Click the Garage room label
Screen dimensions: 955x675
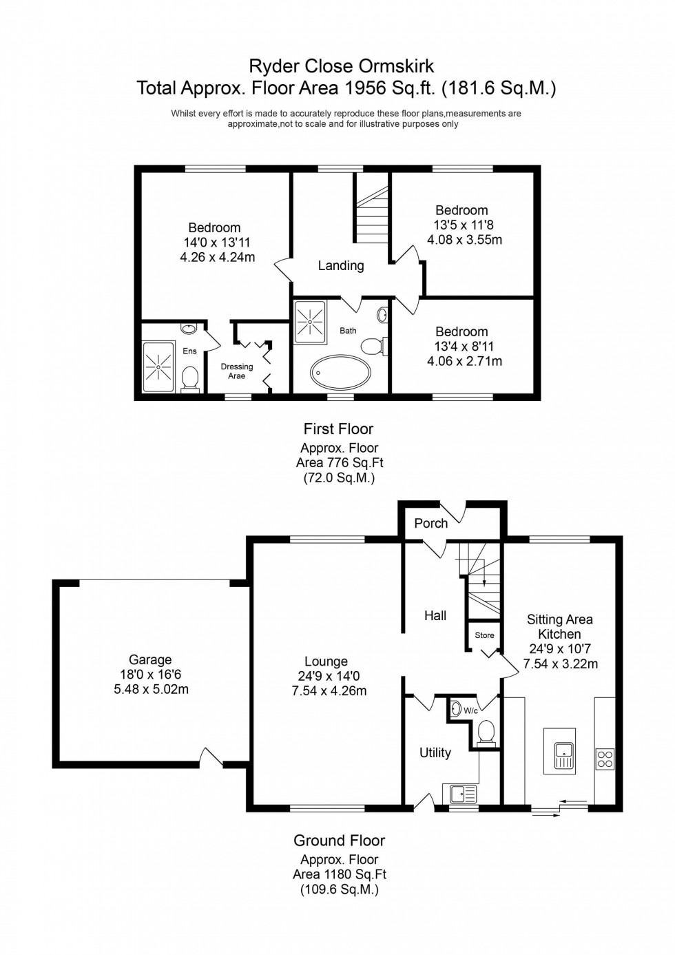pyautogui.click(x=150, y=660)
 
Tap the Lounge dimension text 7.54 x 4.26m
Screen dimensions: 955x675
pyautogui.click(x=329, y=690)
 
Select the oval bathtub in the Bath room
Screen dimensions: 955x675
pyautogui.click(x=340, y=372)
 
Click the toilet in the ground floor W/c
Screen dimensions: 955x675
pyautogui.click(x=486, y=732)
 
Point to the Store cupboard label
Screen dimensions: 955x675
pyautogui.click(x=484, y=635)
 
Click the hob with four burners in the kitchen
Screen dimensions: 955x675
pyautogui.click(x=605, y=759)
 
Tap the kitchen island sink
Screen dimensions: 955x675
pyautogui.click(x=563, y=755)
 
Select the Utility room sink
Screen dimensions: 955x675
pyautogui.click(x=463, y=794)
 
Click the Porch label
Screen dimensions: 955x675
pyautogui.click(x=430, y=524)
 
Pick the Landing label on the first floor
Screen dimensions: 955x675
pyautogui.click(x=341, y=266)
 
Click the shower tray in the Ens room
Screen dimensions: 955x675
pyautogui.click(x=158, y=367)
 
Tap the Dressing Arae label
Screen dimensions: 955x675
pyautogui.click(x=237, y=371)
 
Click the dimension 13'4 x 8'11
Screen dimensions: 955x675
pyautogui.click(x=464, y=347)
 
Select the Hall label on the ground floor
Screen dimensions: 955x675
pyautogui.click(x=435, y=616)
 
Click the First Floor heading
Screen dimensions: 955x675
pyautogui.click(x=338, y=429)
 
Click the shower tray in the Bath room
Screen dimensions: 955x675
pyautogui.click(x=310, y=321)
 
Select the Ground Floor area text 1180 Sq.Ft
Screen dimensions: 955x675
pyautogui.click(x=340, y=874)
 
